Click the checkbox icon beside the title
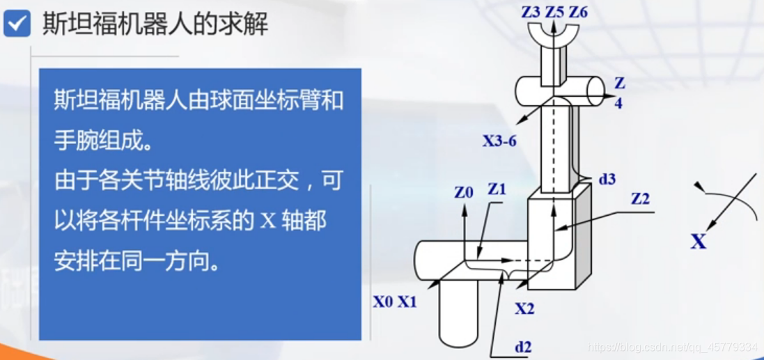pyautogui.click(x=17, y=24)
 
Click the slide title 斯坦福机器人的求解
pyautogui.click(x=155, y=24)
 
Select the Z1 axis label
pyautogui.click(x=497, y=189)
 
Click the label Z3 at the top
pyautogui.click(x=531, y=11)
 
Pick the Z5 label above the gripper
pyautogui.click(x=554, y=11)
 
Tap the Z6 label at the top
pyautogui.click(x=578, y=11)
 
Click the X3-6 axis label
pyautogui.click(x=499, y=141)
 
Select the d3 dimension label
pyautogui.click(x=607, y=179)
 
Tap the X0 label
pyautogui.click(x=383, y=302)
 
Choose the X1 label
pyautogui.click(x=407, y=302)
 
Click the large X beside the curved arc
pyautogui.click(x=698, y=242)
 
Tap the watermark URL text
pyautogui.click(x=672, y=347)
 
